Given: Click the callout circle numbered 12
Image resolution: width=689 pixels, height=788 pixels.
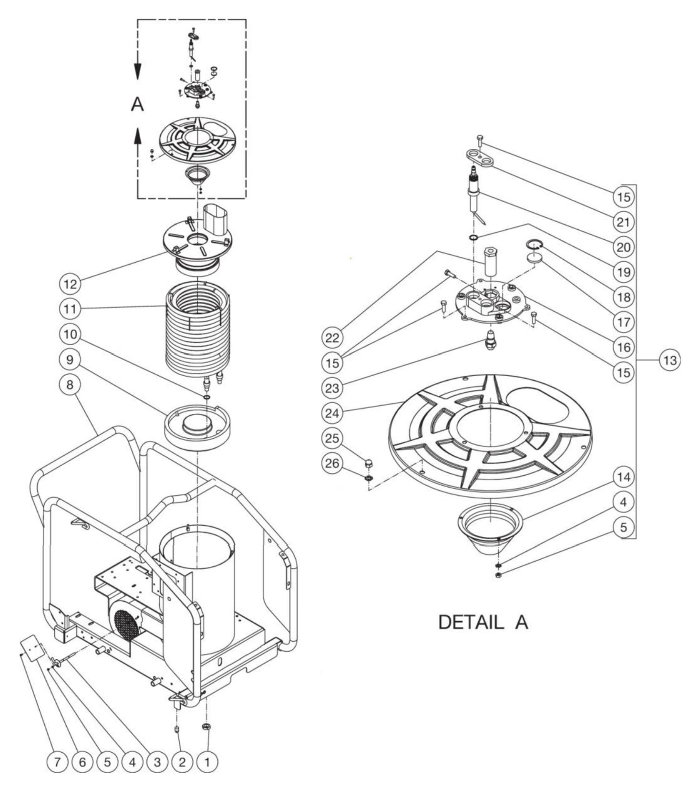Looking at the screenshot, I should pyautogui.click(x=70, y=284).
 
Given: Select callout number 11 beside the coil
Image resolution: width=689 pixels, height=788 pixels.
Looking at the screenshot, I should pyautogui.click(x=70, y=309).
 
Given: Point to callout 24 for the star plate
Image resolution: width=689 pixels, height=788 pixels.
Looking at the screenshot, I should pyautogui.click(x=333, y=413).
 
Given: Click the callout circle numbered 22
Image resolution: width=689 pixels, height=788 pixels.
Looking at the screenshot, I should pyautogui.click(x=333, y=338).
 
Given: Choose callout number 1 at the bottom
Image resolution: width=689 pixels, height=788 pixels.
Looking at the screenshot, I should pyautogui.click(x=207, y=762).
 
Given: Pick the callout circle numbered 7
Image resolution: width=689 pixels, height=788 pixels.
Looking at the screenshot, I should pyautogui.click(x=57, y=762).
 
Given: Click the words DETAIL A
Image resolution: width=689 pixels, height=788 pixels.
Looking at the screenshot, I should pyautogui.click(x=483, y=622).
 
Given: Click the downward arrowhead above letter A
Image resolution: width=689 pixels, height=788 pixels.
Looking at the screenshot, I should pyautogui.click(x=137, y=72).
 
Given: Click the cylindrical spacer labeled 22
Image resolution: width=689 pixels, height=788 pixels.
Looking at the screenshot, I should pyautogui.click(x=490, y=261).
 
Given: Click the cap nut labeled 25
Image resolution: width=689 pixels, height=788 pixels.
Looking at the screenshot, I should pyautogui.click(x=368, y=462).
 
